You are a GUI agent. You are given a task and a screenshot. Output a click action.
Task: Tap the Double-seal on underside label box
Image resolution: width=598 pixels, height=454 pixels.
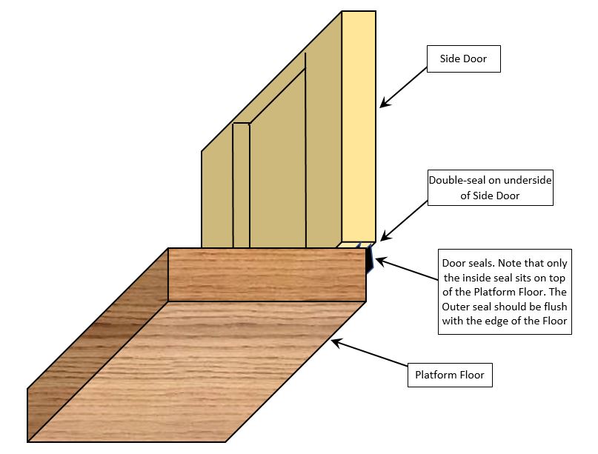coord(491,188)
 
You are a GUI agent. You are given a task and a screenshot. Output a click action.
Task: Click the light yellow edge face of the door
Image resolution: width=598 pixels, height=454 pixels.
coord(359,126)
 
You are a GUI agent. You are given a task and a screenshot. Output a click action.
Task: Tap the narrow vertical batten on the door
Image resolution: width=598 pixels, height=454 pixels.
coord(242,185)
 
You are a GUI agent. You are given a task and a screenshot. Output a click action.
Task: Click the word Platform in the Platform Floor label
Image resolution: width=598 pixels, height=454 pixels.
coord(434,375)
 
